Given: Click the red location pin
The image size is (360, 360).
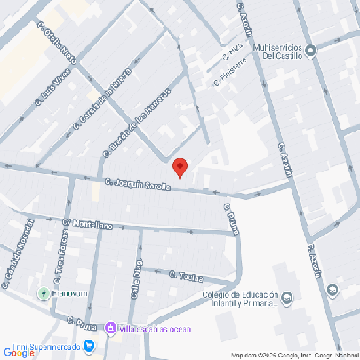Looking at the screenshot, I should pyautogui.click(x=180, y=166).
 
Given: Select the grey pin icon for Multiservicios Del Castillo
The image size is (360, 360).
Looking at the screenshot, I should pyautogui.click(x=312, y=50).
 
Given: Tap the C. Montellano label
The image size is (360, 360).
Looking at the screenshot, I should pyautogui.click(x=88, y=225).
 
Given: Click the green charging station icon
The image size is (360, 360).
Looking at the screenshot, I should pyautogui.click(x=42, y=292).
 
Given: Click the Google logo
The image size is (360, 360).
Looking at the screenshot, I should pyautogui.click(x=20, y=352).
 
